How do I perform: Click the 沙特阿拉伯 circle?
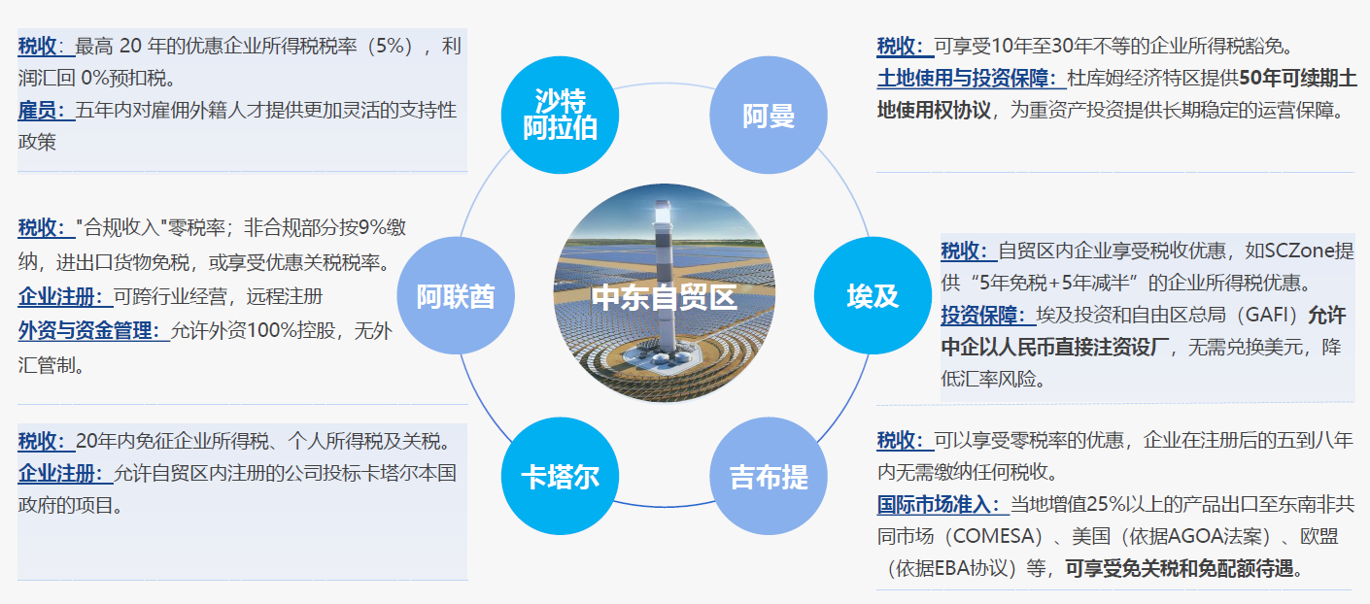pos(560,115)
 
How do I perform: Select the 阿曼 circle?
pos(769,115)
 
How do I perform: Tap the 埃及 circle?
pos(873,295)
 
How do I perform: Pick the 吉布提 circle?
pos(769,476)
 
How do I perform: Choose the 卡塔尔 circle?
pos(560,476)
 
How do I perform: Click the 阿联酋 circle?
pos(456,295)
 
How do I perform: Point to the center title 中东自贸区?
pos(665,298)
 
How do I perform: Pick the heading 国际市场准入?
pos(934,504)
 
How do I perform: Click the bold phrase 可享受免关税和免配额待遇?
pos(1180,568)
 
